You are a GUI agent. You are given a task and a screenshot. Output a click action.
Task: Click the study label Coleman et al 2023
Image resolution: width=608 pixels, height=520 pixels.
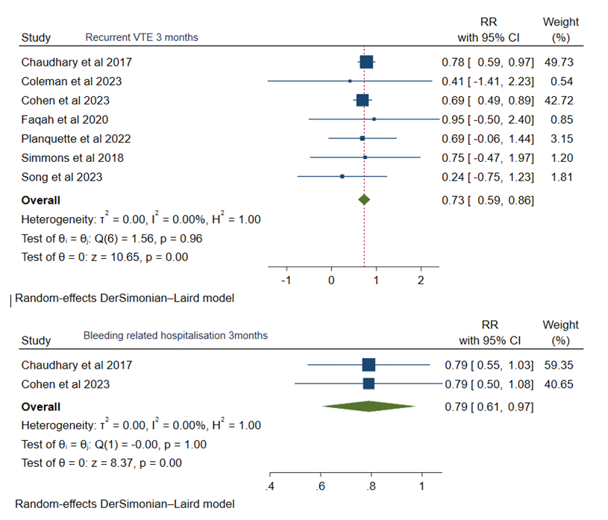tap(72, 81)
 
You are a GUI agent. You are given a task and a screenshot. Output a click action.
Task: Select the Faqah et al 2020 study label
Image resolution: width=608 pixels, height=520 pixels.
tap(65, 119)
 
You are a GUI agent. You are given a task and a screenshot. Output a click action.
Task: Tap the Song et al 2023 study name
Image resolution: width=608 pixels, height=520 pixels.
tap(62, 177)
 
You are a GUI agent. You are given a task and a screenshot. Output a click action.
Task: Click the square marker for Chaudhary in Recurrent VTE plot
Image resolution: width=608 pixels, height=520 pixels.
tap(366, 62)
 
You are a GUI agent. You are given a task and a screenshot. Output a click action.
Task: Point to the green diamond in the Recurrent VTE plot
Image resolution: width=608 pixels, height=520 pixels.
tap(364, 200)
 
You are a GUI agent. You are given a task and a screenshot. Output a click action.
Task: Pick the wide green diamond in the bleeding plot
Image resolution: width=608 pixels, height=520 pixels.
tap(369, 406)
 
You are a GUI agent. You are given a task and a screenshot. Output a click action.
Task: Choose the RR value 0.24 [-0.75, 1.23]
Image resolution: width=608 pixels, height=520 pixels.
tap(486, 177)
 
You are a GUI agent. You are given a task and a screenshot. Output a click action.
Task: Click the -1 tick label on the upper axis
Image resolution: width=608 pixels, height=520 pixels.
tap(285, 280)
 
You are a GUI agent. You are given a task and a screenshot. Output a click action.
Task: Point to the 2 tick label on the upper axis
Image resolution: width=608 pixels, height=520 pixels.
tap(421, 280)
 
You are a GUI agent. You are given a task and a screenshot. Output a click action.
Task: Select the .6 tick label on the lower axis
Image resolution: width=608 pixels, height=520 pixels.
tap(321, 487)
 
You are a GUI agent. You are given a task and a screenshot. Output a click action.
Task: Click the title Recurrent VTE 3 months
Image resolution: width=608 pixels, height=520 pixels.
tap(142, 37)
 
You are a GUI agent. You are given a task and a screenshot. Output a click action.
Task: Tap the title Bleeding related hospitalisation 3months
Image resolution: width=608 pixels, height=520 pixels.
tap(175, 336)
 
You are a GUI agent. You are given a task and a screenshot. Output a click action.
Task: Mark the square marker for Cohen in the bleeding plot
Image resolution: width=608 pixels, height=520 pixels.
tap(369, 383)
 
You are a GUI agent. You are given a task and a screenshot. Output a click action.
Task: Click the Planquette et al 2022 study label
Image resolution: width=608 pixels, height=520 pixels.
tap(76, 139)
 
